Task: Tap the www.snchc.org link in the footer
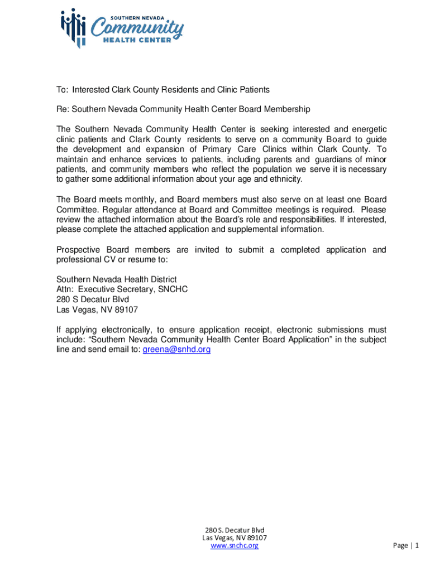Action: (x=235, y=545)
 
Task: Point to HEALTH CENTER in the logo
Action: (x=140, y=41)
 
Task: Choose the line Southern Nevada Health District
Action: (x=117, y=279)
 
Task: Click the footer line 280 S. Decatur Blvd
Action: (x=235, y=530)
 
